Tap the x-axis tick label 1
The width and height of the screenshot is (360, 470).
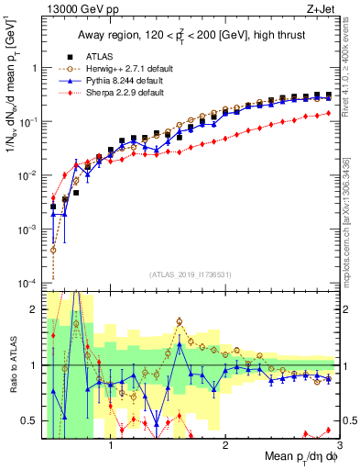[111, 447]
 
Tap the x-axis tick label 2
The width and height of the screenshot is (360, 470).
[225, 447]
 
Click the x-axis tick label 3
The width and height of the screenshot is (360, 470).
[338, 447]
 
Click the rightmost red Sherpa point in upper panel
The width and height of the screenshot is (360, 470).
[328, 114]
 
